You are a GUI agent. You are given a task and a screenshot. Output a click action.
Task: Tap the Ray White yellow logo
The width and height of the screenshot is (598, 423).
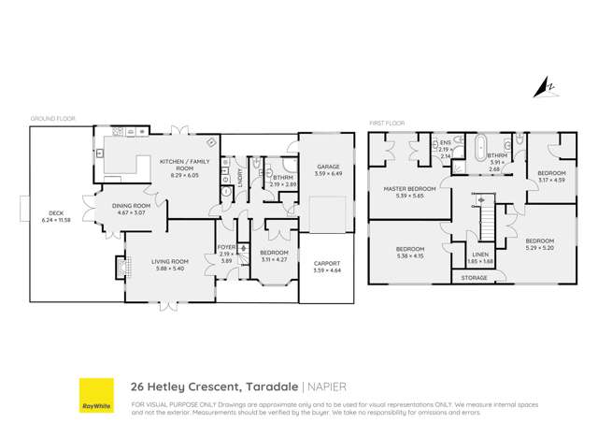coord(96,395)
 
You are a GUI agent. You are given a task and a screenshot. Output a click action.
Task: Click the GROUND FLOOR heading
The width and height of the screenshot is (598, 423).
coord(52,119)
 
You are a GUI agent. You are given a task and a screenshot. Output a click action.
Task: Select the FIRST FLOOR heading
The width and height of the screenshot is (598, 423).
coord(388,123)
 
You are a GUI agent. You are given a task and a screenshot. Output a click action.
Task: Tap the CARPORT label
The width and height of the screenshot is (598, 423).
coord(328,264)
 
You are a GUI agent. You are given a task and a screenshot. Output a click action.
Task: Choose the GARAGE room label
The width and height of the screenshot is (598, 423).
coord(329,167)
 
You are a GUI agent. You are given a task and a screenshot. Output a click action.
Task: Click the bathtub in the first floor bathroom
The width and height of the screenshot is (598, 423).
coord(482,147)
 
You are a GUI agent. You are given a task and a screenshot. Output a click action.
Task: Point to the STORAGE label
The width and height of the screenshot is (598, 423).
coord(475,278)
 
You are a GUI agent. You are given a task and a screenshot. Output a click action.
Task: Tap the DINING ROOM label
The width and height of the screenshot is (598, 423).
coord(132,206)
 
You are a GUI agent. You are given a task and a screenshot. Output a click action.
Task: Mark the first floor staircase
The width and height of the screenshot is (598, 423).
coord(485,217)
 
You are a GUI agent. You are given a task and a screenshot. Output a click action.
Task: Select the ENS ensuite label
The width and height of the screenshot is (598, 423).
coord(445,143)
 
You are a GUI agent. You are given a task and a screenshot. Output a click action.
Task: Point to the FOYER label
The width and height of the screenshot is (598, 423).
coord(225,248)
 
